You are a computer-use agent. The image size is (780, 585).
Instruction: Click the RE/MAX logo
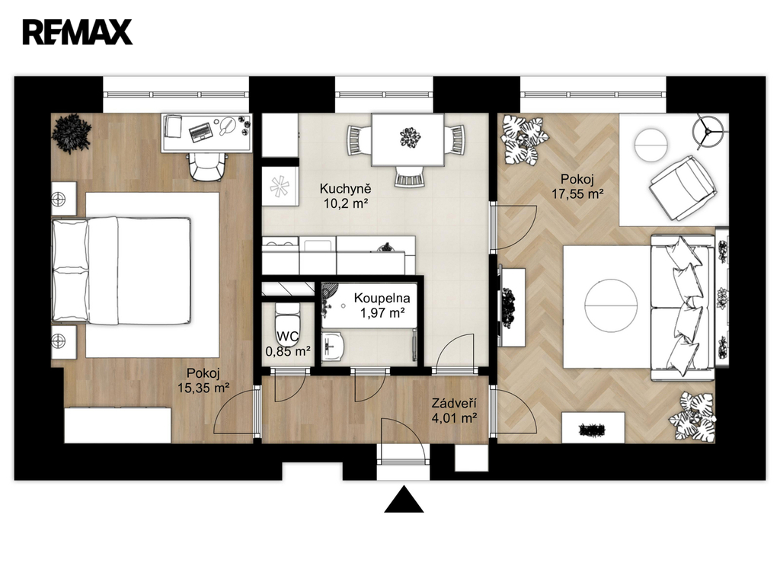[x=78, y=32]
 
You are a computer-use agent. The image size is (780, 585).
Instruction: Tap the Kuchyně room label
[x=345, y=189]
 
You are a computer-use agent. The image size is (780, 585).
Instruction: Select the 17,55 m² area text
[x=577, y=193]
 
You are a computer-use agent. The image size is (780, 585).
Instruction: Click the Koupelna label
[x=382, y=298]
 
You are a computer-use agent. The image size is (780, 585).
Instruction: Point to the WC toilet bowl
[x=287, y=324]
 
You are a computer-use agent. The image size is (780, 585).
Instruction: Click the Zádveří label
[x=454, y=403]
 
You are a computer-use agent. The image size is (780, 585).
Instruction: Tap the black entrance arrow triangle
[x=404, y=500]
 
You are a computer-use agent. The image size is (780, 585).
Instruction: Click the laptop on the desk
[x=201, y=131]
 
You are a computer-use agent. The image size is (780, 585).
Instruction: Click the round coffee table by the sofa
[x=611, y=305]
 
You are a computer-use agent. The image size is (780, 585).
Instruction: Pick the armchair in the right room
[x=682, y=187]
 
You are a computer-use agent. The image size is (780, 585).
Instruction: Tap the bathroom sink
[x=332, y=347]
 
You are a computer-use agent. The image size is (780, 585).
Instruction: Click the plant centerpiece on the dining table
[x=410, y=137]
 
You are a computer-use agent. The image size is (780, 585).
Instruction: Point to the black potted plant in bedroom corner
[x=72, y=133]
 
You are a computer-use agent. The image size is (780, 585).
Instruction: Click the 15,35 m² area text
[x=203, y=388]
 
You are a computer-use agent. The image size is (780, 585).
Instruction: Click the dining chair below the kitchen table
[x=410, y=177]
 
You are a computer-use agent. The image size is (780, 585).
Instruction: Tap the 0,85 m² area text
[x=288, y=352]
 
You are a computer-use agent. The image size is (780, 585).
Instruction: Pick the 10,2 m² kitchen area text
[x=346, y=203]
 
